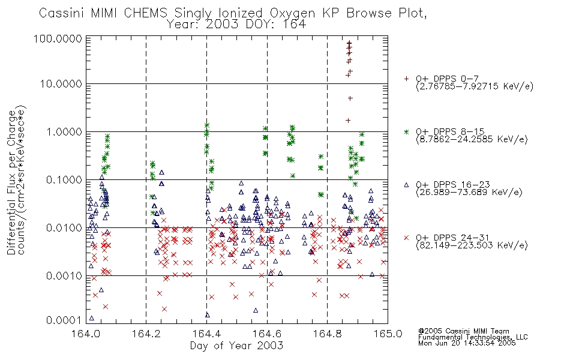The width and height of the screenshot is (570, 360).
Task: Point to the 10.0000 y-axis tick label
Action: coord(62,84)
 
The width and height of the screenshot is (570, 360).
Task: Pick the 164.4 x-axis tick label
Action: coord(207,334)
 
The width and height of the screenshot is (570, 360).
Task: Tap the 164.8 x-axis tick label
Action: coord(327,334)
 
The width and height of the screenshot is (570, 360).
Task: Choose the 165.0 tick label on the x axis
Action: coord(387,334)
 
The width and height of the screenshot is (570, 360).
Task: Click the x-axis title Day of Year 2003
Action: coord(236,346)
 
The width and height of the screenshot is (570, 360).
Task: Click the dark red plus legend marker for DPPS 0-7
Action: coord(406,78)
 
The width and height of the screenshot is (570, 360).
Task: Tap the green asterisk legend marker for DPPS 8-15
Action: coord(406,131)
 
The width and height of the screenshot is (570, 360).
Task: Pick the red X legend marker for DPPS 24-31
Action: coord(406,238)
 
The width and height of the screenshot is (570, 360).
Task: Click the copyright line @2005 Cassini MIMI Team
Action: coord(463,331)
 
